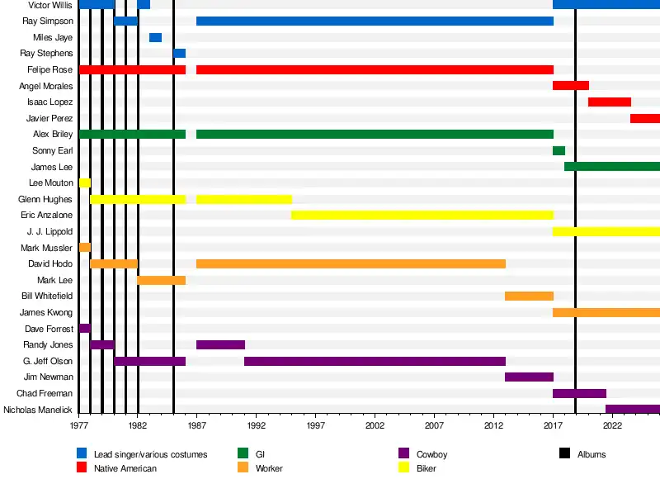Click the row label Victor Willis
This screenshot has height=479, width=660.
50,5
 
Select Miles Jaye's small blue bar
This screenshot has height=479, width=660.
155,37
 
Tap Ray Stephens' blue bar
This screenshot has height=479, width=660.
179,54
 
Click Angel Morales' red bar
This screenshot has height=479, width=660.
571,86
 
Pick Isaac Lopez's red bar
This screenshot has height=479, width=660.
610,102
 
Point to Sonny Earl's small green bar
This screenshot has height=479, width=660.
559,150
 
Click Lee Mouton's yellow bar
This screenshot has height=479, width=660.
84,183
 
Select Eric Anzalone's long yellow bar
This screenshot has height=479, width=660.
422,215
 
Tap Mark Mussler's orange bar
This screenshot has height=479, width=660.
84,247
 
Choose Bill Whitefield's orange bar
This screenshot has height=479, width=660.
529,296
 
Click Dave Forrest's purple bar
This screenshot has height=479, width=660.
84,328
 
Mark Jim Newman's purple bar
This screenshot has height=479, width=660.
529,377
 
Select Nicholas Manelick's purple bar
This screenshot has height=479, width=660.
633,409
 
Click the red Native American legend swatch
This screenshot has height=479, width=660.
82,468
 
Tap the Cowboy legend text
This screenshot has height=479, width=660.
432,454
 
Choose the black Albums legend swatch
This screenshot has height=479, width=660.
564,453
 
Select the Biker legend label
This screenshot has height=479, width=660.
427,468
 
